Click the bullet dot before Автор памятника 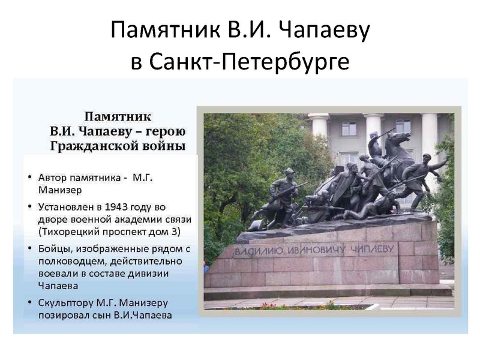31,179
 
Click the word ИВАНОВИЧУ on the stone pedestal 320,247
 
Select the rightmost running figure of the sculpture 427,177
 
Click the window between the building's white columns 349,128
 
